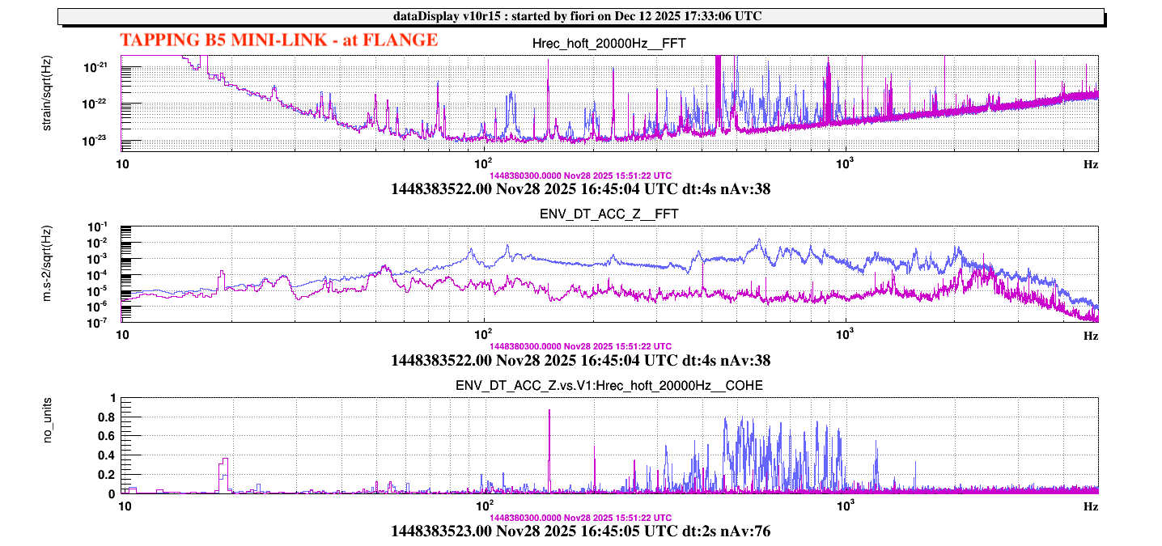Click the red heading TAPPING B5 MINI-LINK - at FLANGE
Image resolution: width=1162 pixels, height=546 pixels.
click(x=278, y=40)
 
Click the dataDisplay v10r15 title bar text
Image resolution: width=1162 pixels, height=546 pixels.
click(x=580, y=16)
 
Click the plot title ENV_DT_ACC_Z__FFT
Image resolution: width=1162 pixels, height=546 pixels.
click(x=609, y=214)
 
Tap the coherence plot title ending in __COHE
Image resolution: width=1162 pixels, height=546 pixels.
click(x=609, y=386)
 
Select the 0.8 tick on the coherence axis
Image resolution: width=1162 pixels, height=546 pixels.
click(x=107, y=417)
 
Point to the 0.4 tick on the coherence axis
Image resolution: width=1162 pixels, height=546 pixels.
click(x=107, y=455)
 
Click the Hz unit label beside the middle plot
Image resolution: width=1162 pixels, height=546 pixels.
click(x=1091, y=334)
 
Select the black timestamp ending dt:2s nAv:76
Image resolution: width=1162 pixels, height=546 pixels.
click(x=580, y=531)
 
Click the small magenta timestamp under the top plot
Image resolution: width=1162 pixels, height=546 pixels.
click(x=580, y=175)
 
